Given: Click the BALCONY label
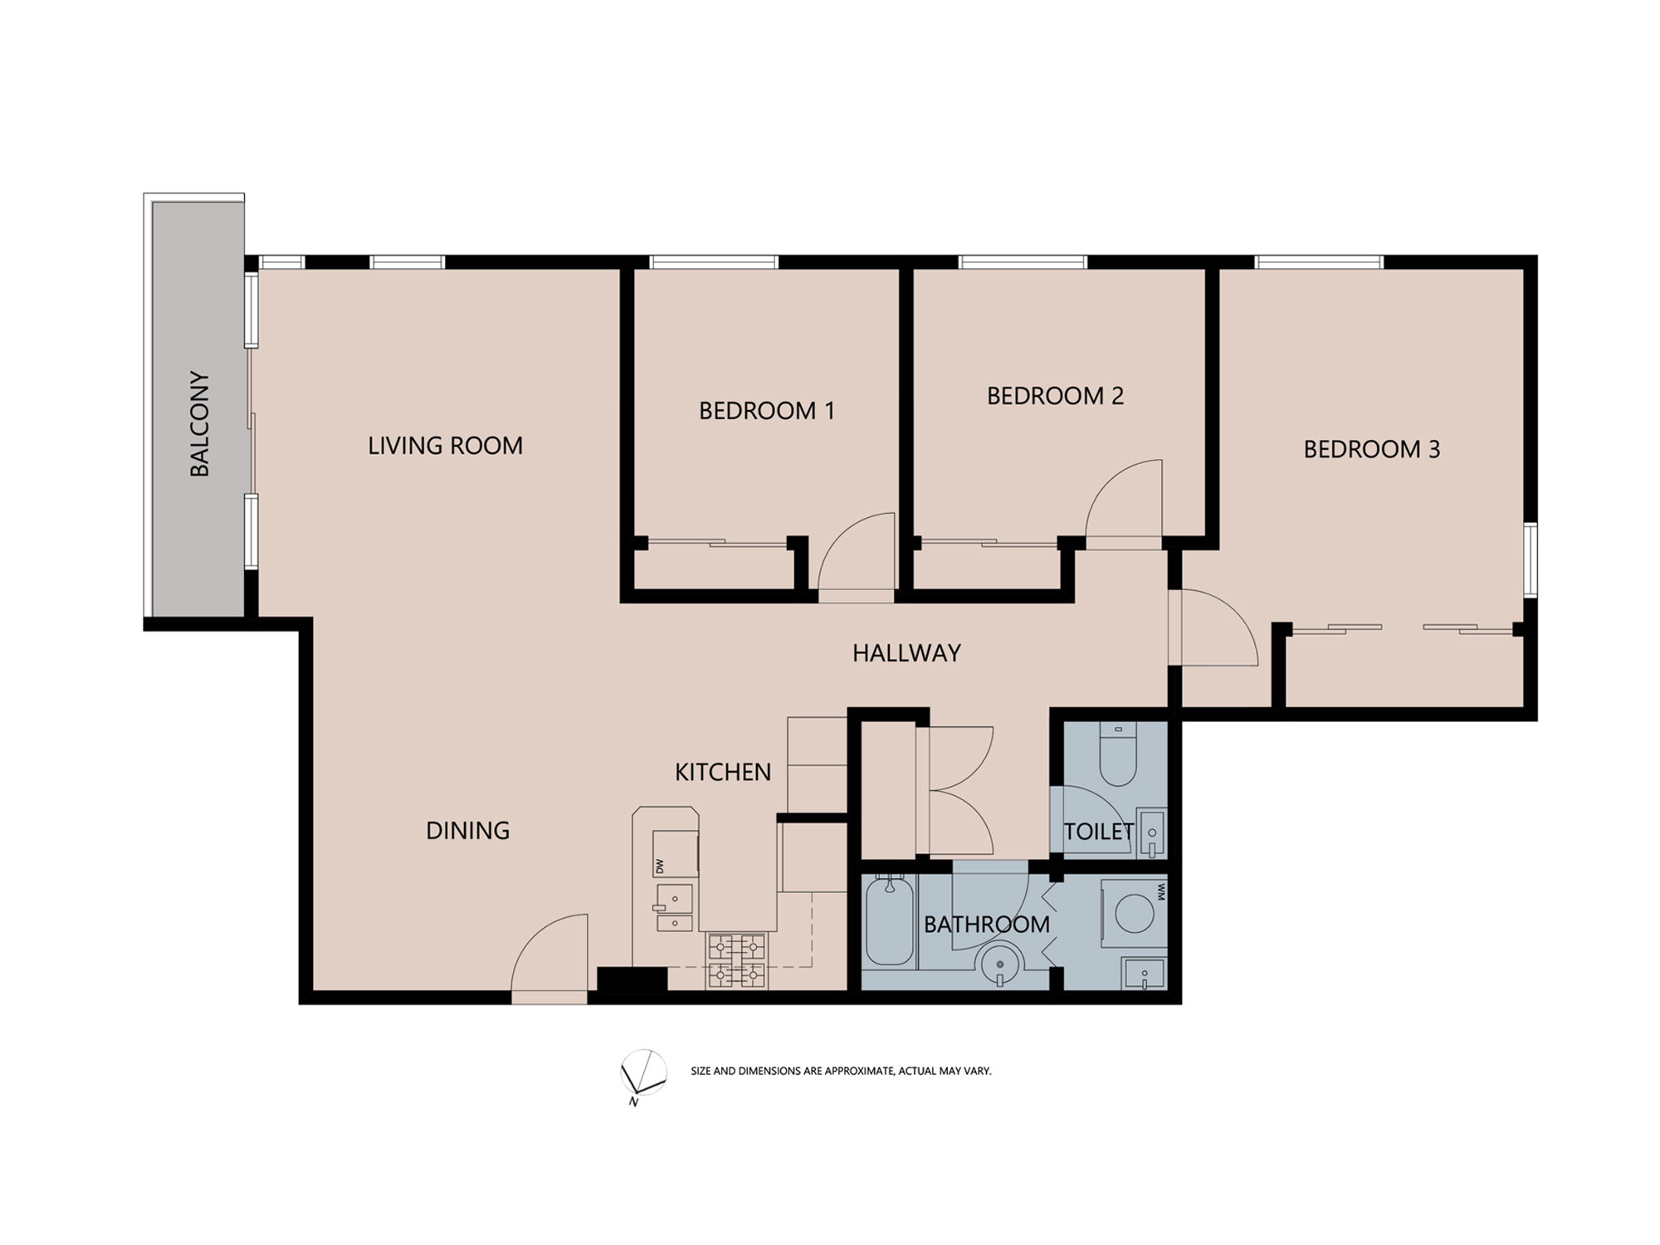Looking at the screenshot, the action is (x=200, y=423).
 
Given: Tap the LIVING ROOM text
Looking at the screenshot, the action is (x=445, y=446).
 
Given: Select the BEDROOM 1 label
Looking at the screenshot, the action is (x=766, y=411).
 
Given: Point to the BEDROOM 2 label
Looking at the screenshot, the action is (x=1055, y=396).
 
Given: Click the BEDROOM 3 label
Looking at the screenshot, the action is (x=1371, y=449).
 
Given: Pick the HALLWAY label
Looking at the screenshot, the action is (x=906, y=653).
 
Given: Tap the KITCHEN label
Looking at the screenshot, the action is (x=723, y=772).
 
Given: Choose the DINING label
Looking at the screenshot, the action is (x=467, y=830).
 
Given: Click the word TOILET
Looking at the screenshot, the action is (x=1099, y=831).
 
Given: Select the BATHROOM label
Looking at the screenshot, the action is (x=986, y=924).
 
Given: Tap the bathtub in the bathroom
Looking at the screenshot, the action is (x=889, y=920).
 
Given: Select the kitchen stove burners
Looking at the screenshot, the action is (x=736, y=960).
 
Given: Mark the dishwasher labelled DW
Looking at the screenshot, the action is (x=675, y=853).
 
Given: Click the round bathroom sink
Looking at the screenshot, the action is (x=1000, y=967).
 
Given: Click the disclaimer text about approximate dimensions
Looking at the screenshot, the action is (x=841, y=1071).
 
